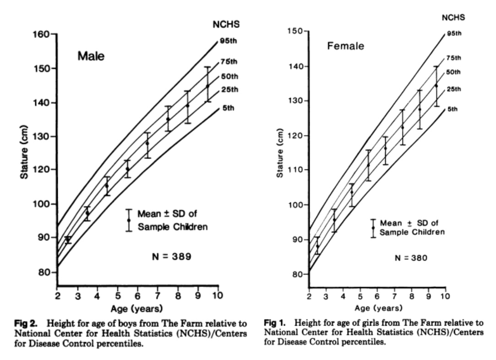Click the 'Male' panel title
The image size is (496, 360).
91,56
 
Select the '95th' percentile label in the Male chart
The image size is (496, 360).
227,41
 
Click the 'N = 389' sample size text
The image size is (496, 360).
171,256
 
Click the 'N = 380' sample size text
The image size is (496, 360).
410,258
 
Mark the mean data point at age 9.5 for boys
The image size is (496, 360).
207,86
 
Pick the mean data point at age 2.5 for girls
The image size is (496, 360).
318,246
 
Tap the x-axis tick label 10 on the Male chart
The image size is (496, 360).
218,295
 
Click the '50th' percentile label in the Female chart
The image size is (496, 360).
453,72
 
